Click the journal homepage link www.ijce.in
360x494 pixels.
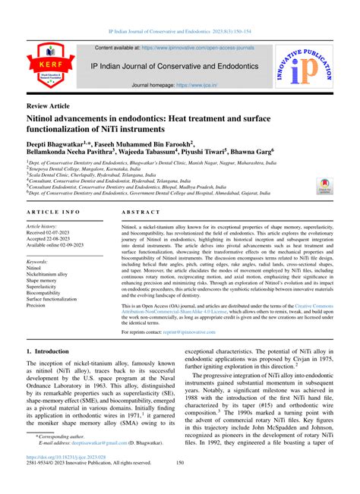[194, 87]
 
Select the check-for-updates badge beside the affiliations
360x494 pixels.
[323, 184]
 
